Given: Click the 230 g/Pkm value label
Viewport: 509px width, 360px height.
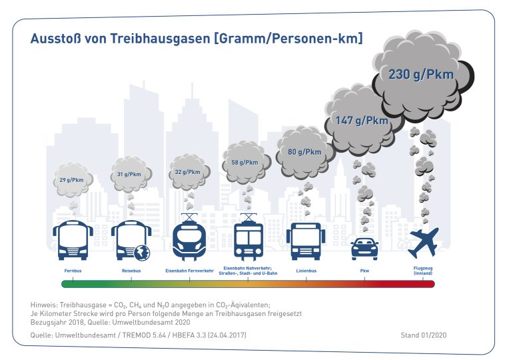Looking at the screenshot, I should (x=421, y=74).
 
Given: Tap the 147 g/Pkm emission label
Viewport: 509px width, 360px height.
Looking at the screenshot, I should (x=361, y=121).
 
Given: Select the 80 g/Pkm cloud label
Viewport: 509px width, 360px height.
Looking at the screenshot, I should (x=304, y=152).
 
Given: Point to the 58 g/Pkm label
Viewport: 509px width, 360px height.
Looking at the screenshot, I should (x=245, y=163).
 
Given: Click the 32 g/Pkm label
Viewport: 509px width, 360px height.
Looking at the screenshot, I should (x=187, y=172).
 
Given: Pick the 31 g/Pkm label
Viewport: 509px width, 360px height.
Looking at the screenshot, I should (x=129, y=175).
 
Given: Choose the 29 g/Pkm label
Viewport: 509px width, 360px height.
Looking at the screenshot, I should (x=72, y=180).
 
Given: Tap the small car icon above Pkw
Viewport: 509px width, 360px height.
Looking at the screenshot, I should (x=364, y=247).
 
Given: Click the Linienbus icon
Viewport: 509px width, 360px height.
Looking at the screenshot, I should (x=306, y=240).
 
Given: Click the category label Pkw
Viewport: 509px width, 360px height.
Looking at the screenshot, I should (x=364, y=271).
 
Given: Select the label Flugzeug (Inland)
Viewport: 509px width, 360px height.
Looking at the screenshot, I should (x=424, y=271).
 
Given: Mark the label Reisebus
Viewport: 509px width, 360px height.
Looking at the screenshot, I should (x=131, y=271).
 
